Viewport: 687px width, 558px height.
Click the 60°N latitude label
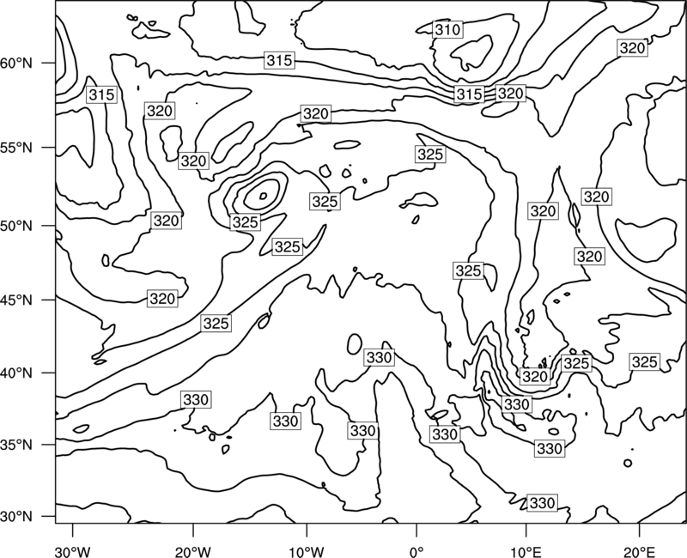(x=16, y=64)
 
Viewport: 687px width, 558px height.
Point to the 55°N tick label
(x=16, y=148)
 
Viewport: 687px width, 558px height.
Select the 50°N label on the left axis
(x=16, y=226)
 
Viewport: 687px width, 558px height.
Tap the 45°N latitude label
(x=16, y=300)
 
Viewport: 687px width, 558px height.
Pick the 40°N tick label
(x=16, y=373)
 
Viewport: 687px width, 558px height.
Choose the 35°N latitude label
(x=16, y=445)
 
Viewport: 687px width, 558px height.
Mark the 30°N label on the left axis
(x=16, y=517)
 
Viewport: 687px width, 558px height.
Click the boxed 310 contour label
(x=447, y=30)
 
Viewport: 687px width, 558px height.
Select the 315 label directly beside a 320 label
(x=469, y=94)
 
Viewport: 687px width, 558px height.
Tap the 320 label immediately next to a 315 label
(x=510, y=94)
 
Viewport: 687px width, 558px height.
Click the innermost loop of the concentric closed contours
(x=263, y=197)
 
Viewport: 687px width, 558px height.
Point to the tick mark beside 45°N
(x=49, y=300)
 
